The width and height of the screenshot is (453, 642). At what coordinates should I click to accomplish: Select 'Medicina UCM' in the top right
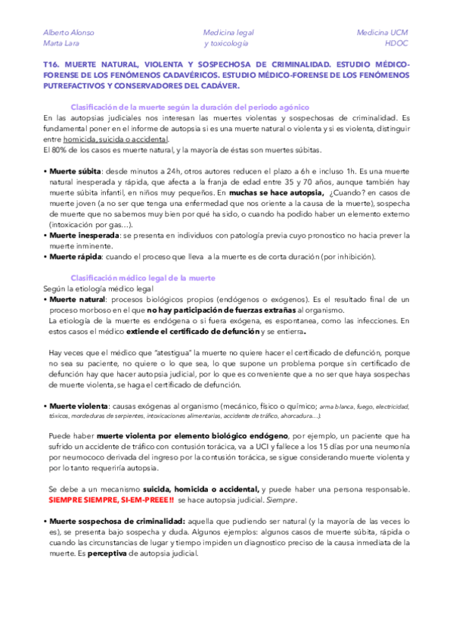[x=382, y=33]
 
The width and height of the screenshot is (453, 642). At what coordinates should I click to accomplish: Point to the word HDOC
[x=396, y=43]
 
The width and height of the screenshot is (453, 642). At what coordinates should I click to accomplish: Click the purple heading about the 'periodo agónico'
[x=189, y=107]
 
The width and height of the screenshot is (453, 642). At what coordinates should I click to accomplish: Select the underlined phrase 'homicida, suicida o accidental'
[x=126, y=139]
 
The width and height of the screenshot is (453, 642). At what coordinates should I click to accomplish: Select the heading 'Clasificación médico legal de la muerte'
[x=143, y=278]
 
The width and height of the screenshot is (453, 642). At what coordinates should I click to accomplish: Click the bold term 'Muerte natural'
[x=77, y=300]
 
